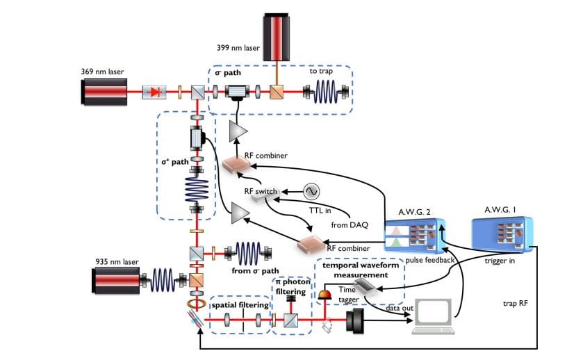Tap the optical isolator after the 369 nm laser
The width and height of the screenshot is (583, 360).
(x=155, y=92)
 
